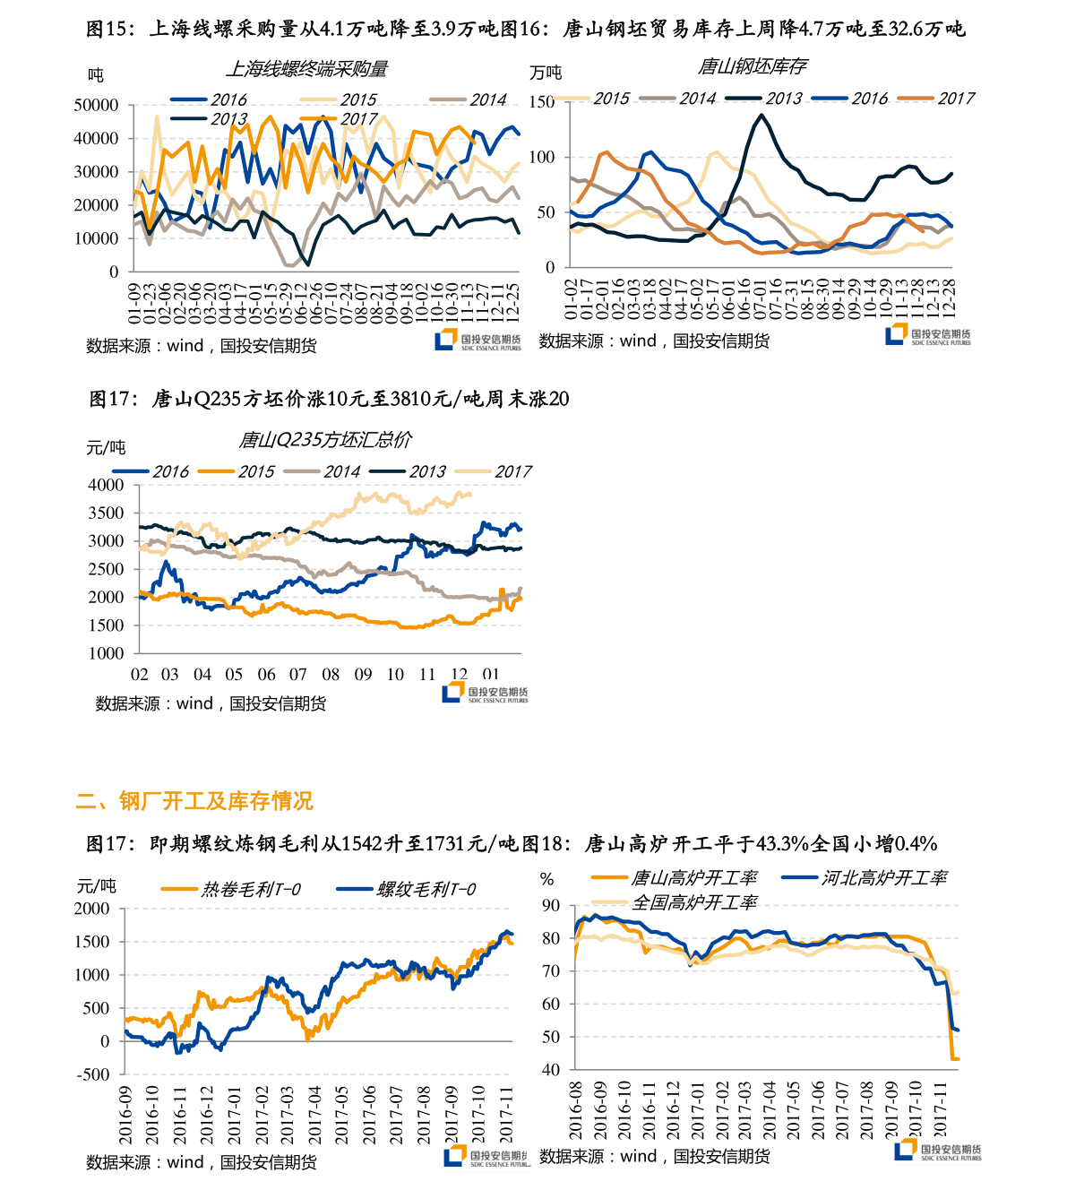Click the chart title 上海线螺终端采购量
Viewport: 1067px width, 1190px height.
(x=306, y=69)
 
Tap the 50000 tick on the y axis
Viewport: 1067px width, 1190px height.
(x=96, y=105)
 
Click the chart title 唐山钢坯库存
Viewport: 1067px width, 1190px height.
(x=752, y=66)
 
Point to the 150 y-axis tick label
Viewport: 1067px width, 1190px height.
(x=542, y=102)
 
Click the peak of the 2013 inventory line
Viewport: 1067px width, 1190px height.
(x=762, y=115)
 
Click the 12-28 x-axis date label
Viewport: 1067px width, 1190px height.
(x=949, y=297)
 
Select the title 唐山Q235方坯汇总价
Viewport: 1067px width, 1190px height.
(x=325, y=440)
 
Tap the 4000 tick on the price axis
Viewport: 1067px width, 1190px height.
(x=107, y=485)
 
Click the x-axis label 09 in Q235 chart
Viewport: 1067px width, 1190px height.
(x=363, y=675)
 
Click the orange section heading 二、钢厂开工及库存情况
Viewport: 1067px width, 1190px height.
(x=194, y=800)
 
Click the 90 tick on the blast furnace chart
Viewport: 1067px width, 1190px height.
(x=551, y=906)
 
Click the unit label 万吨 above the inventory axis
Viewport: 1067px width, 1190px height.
(x=546, y=73)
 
